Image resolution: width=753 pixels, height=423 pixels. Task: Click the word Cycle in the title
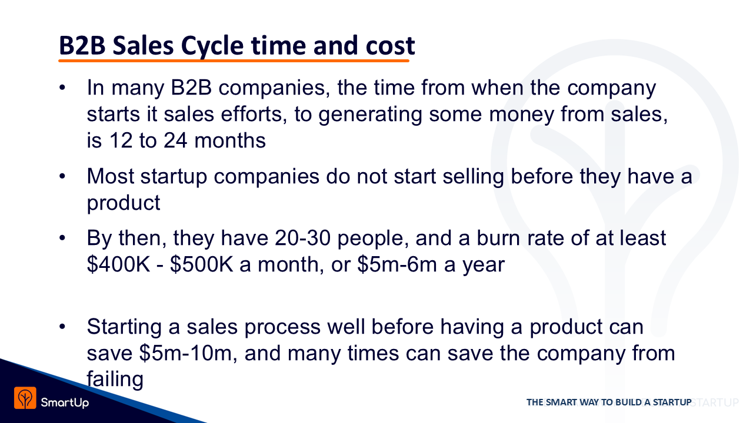pyautogui.click(x=212, y=46)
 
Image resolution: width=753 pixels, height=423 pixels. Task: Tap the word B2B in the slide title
pyautogui.click(x=82, y=45)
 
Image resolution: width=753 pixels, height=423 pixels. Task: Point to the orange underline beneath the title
pyautogui.click(x=234, y=61)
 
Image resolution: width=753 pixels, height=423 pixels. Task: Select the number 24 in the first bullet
pyautogui.click(x=175, y=140)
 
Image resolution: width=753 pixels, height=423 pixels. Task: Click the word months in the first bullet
pyautogui.click(x=230, y=140)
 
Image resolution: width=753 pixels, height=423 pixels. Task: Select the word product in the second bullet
pyautogui.click(x=124, y=203)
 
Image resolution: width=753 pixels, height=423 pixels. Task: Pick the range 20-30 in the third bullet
pyautogui.click(x=302, y=238)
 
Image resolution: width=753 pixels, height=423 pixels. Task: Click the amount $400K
pyautogui.click(x=118, y=264)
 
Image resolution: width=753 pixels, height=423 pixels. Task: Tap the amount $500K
pyautogui.click(x=201, y=264)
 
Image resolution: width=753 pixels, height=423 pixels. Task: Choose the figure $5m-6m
pyautogui.click(x=397, y=264)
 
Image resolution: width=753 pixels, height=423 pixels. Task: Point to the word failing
pyautogui.click(x=115, y=380)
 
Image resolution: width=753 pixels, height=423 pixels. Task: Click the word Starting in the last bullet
pyautogui.click(x=124, y=327)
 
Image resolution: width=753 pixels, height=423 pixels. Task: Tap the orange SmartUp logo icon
pyautogui.click(x=25, y=398)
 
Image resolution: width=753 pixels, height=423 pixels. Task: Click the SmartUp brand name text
pyautogui.click(x=65, y=402)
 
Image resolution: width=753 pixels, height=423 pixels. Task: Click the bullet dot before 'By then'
pyautogui.click(x=62, y=238)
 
